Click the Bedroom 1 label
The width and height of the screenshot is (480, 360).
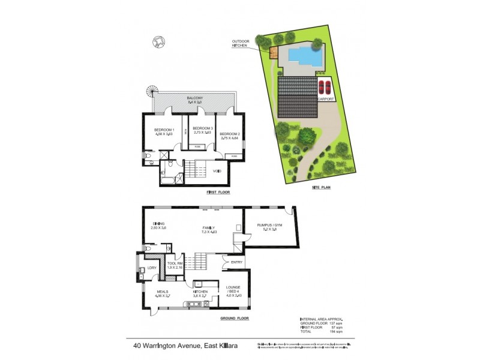coord(164,130)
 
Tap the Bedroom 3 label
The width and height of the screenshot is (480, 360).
coord(202,128)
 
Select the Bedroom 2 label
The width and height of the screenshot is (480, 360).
coord(229,134)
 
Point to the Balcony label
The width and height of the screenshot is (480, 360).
coord(193,98)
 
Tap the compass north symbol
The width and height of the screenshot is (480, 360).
coord(157,41)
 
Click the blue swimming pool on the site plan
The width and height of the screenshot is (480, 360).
coord(302,55)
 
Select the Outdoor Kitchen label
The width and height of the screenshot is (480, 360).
coord(243,43)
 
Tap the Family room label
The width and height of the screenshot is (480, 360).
coord(209,227)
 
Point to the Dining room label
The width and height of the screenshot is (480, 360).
coord(158,223)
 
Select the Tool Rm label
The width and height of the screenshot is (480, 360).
coord(176,263)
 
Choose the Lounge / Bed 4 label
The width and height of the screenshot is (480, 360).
coord(233,290)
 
